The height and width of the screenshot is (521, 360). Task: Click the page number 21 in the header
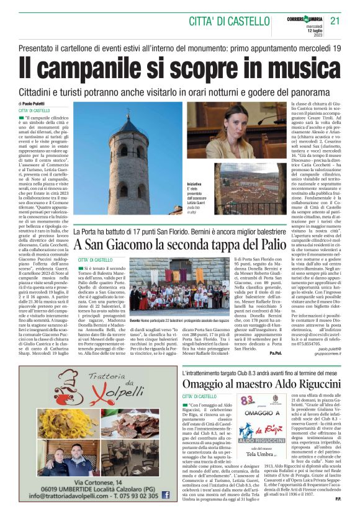point(335,22)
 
